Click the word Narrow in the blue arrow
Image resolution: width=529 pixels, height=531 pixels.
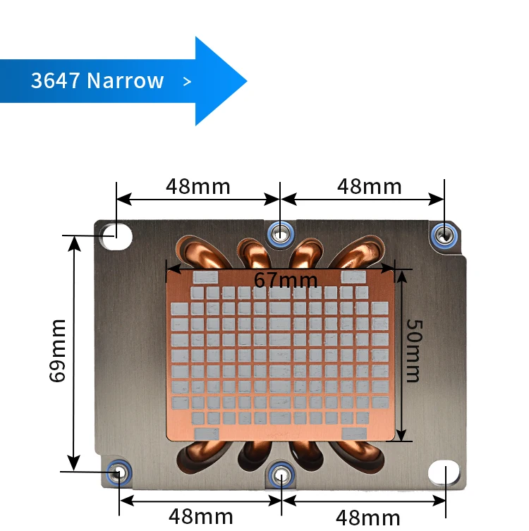click(126, 80)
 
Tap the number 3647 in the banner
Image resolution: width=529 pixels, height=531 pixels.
click(55, 80)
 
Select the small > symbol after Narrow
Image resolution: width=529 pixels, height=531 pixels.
click(187, 81)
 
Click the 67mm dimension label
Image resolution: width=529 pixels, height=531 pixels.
click(286, 280)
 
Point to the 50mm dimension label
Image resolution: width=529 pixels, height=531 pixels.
click(414, 350)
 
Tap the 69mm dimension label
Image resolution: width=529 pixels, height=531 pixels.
click(57, 350)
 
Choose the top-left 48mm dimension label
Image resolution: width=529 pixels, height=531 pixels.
click(198, 186)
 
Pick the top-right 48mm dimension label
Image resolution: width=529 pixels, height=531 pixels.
click(370, 186)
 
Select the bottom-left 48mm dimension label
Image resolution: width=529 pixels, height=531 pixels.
click(201, 516)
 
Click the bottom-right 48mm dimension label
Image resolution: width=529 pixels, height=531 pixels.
click(368, 518)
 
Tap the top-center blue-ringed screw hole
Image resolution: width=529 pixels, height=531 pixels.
click(281, 234)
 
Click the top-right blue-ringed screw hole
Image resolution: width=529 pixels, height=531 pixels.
click(444, 234)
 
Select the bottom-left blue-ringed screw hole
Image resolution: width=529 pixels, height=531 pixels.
click(119, 472)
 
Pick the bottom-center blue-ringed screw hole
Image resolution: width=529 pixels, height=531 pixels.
click(281, 475)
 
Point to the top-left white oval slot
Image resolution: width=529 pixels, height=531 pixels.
click(115, 236)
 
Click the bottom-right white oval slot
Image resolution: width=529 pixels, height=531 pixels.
click(444, 472)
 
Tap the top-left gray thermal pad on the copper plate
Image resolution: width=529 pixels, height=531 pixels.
click(205, 277)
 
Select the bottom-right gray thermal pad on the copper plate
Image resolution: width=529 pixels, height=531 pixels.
click(354, 434)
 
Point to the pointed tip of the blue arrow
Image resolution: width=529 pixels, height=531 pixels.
click(247, 81)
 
